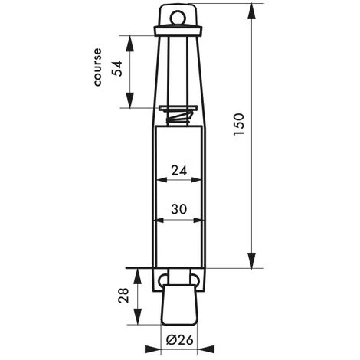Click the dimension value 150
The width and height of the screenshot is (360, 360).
click(x=239, y=124)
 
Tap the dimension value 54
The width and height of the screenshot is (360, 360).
click(x=118, y=68)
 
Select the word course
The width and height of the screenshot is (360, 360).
click(x=97, y=67)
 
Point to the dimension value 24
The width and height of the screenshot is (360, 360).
click(x=179, y=170)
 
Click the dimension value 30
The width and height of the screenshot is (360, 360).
click(x=179, y=209)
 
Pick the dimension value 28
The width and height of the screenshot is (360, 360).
click(x=124, y=296)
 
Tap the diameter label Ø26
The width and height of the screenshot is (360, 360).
click(x=180, y=340)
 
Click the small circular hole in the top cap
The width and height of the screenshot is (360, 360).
click(x=178, y=18)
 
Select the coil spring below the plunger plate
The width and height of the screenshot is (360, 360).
click(x=178, y=118)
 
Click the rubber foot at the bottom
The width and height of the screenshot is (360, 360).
click(x=179, y=305)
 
